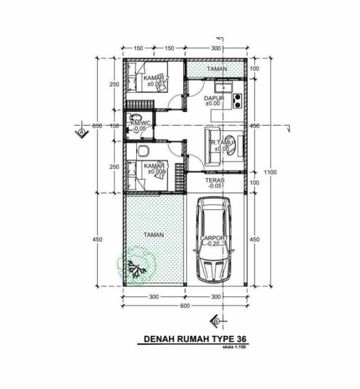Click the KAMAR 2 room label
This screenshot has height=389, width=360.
[156, 78]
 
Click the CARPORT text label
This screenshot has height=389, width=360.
[214, 238]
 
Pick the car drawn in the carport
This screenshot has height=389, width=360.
[214, 240]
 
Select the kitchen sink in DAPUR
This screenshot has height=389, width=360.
[224, 87]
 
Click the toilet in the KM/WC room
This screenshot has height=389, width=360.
[135, 118]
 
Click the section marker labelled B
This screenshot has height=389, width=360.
[216, 320]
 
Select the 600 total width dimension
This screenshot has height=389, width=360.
[185, 306]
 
